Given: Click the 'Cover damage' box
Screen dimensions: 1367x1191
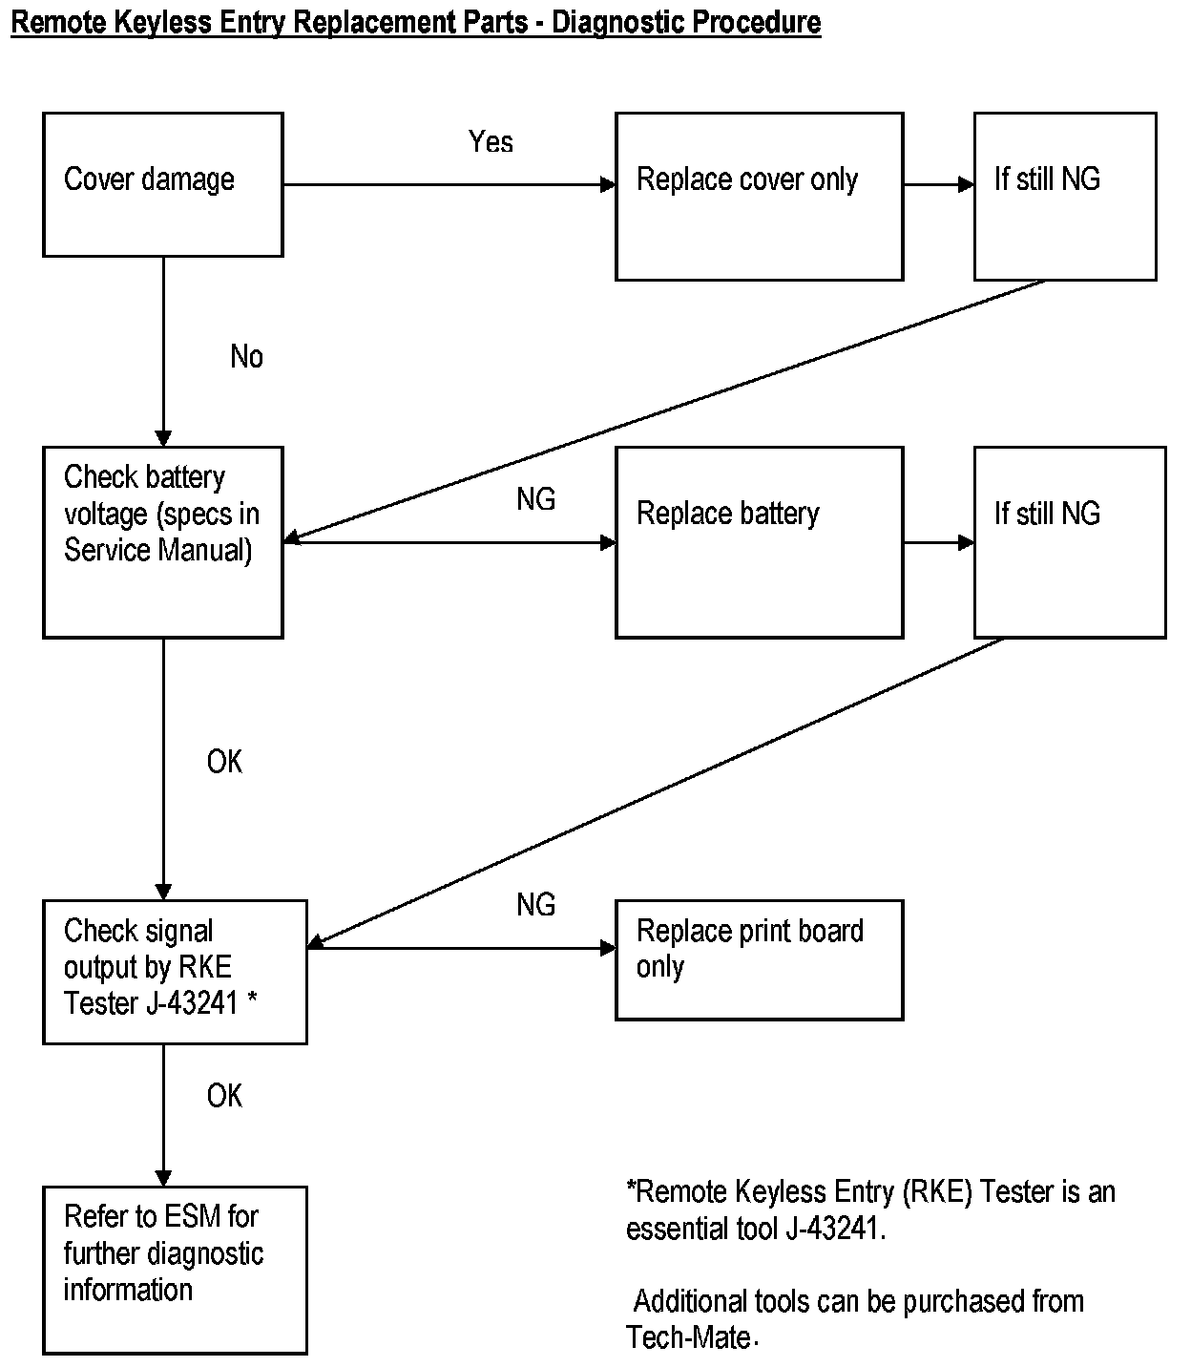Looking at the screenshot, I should (x=162, y=184).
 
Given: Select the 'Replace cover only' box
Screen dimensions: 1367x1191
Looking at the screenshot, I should (x=759, y=196).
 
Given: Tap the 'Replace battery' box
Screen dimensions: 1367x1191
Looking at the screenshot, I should (x=759, y=542).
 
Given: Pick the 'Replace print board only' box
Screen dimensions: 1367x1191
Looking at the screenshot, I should (x=759, y=959).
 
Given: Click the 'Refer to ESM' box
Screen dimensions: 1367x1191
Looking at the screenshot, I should (x=175, y=1270).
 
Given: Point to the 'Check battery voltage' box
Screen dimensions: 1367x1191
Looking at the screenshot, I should (x=162, y=542).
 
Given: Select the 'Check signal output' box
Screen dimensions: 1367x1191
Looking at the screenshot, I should (x=175, y=971).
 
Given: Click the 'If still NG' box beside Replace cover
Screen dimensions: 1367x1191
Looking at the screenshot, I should (x=1065, y=196).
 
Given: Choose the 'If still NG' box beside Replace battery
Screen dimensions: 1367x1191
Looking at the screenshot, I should (x=1069, y=542).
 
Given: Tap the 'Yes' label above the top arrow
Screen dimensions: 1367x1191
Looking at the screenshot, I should (x=491, y=142).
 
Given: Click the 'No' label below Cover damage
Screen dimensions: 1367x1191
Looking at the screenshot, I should (x=246, y=357).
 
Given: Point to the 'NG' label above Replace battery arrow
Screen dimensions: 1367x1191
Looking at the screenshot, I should (x=535, y=499).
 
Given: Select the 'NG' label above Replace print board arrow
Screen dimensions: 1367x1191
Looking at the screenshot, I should (x=535, y=904).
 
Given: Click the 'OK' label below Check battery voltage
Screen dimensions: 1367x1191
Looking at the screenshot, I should (x=224, y=762).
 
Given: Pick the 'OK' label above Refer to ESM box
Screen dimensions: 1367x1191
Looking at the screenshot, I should (x=224, y=1096).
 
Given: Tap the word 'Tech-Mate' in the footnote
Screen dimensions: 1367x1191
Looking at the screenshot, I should (x=688, y=1337).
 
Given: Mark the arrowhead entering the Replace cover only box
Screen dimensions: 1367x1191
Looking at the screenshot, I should (x=608, y=184).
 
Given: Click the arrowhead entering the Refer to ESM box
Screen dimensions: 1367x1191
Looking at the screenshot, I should (x=163, y=1179).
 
